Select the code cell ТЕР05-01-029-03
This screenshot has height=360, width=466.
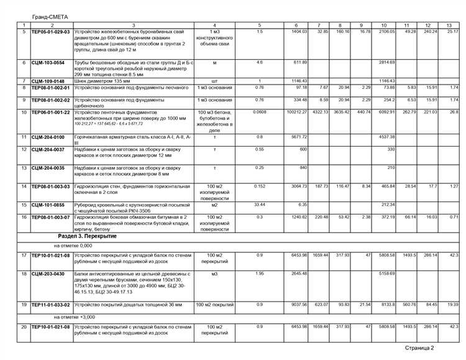pyautogui.click(x=50, y=32)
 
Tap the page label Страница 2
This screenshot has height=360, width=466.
pyautogui.click(x=419, y=348)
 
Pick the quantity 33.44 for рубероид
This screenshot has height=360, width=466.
pyautogui.click(x=260, y=205)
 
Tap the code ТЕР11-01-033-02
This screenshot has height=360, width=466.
pyautogui.click(x=50, y=304)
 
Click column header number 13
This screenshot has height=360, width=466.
pyautogui.click(x=449, y=25)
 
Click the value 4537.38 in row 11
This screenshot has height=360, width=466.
pyautogui.click(x=387, y=137)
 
